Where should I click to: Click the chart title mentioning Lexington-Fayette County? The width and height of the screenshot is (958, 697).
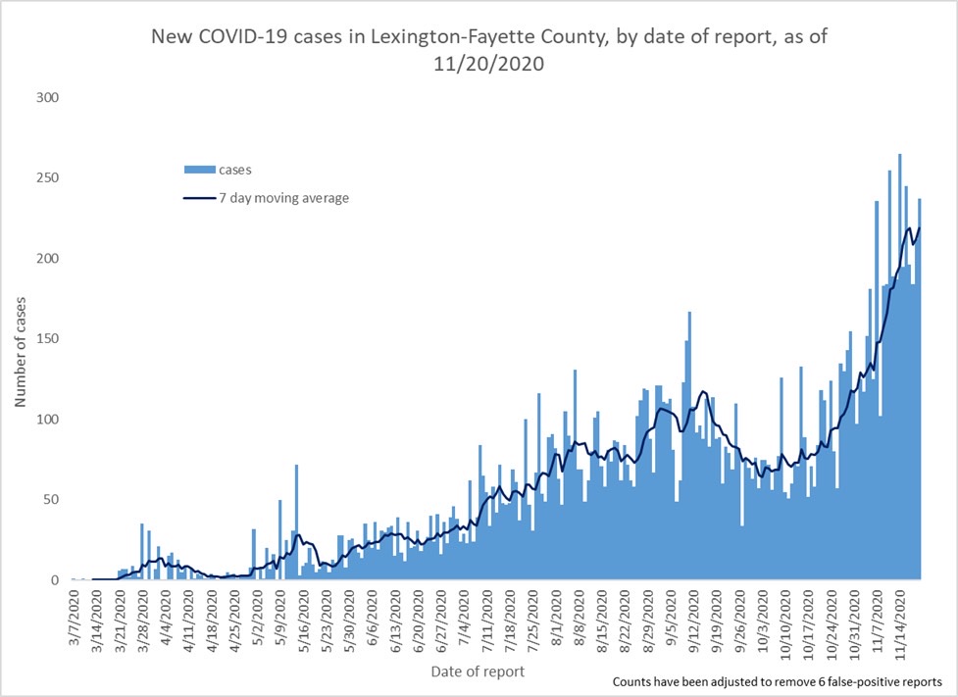(488, 49)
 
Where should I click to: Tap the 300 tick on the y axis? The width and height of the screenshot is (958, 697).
(47, 98)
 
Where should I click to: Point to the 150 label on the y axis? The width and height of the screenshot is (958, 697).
(47, 339)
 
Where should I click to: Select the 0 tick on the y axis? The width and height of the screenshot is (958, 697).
(54, 580)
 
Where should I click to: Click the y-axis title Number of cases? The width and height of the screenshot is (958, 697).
(21, 352)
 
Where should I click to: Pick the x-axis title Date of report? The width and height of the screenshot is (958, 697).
(478, 672)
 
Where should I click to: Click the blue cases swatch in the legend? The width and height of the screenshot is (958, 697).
(200, 170)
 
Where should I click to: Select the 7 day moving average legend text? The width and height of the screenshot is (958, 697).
(284, 199)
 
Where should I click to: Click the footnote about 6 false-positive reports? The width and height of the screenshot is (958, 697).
(778, 681)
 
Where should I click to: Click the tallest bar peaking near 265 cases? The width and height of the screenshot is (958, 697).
(899, 367)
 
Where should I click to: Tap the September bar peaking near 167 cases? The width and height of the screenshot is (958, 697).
(689, 445)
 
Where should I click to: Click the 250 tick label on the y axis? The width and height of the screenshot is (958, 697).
(47, 177)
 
